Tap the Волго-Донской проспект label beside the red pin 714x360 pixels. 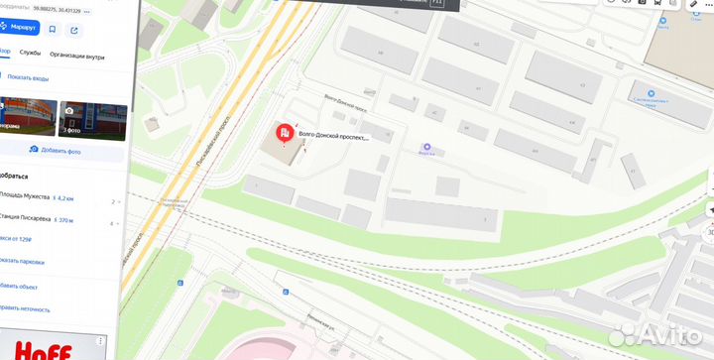tap(333, 137)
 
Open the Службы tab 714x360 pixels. tap(30, 53)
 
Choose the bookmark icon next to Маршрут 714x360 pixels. tap(52, 28)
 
